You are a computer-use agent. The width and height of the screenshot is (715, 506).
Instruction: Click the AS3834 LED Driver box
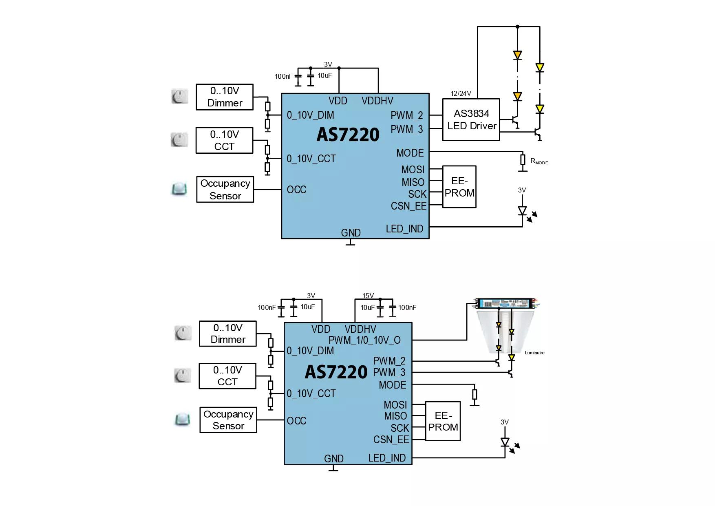point(471,119)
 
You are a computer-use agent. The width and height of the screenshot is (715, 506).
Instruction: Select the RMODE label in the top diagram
point(539,161)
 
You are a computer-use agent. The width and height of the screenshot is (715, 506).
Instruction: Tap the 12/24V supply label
point(461,93)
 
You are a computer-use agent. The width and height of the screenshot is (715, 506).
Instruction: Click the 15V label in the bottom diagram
point(368,296)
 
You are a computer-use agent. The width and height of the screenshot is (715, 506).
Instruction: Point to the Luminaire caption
point(534,353)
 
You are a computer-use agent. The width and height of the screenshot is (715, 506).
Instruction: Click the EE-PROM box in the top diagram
point(459,187)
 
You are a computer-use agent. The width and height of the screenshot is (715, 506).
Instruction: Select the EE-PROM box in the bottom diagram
point(443,421)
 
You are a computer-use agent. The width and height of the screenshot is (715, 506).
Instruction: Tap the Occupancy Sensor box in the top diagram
point(225,189)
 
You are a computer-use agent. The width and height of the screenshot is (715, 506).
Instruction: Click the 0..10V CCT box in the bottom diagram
point(227,376)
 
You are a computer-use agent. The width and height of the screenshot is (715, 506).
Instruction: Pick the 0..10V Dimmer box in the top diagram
point(225,97)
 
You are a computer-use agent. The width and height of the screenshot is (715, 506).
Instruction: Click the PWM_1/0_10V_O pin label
point(364,340)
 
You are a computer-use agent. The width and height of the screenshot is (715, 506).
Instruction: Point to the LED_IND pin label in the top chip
point(404,229)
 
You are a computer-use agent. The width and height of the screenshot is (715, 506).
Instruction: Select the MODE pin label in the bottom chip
point(392,385)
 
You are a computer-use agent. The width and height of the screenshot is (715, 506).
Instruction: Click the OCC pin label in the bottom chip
point(296,421)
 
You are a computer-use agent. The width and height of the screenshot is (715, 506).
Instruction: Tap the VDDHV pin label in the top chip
point(377,101)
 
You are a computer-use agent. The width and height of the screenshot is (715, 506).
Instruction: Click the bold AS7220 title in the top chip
point(348,135)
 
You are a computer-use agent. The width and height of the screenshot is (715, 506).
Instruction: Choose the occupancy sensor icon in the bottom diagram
point(182,420)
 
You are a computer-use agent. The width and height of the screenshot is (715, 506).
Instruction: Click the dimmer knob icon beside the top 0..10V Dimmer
point(179,97)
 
